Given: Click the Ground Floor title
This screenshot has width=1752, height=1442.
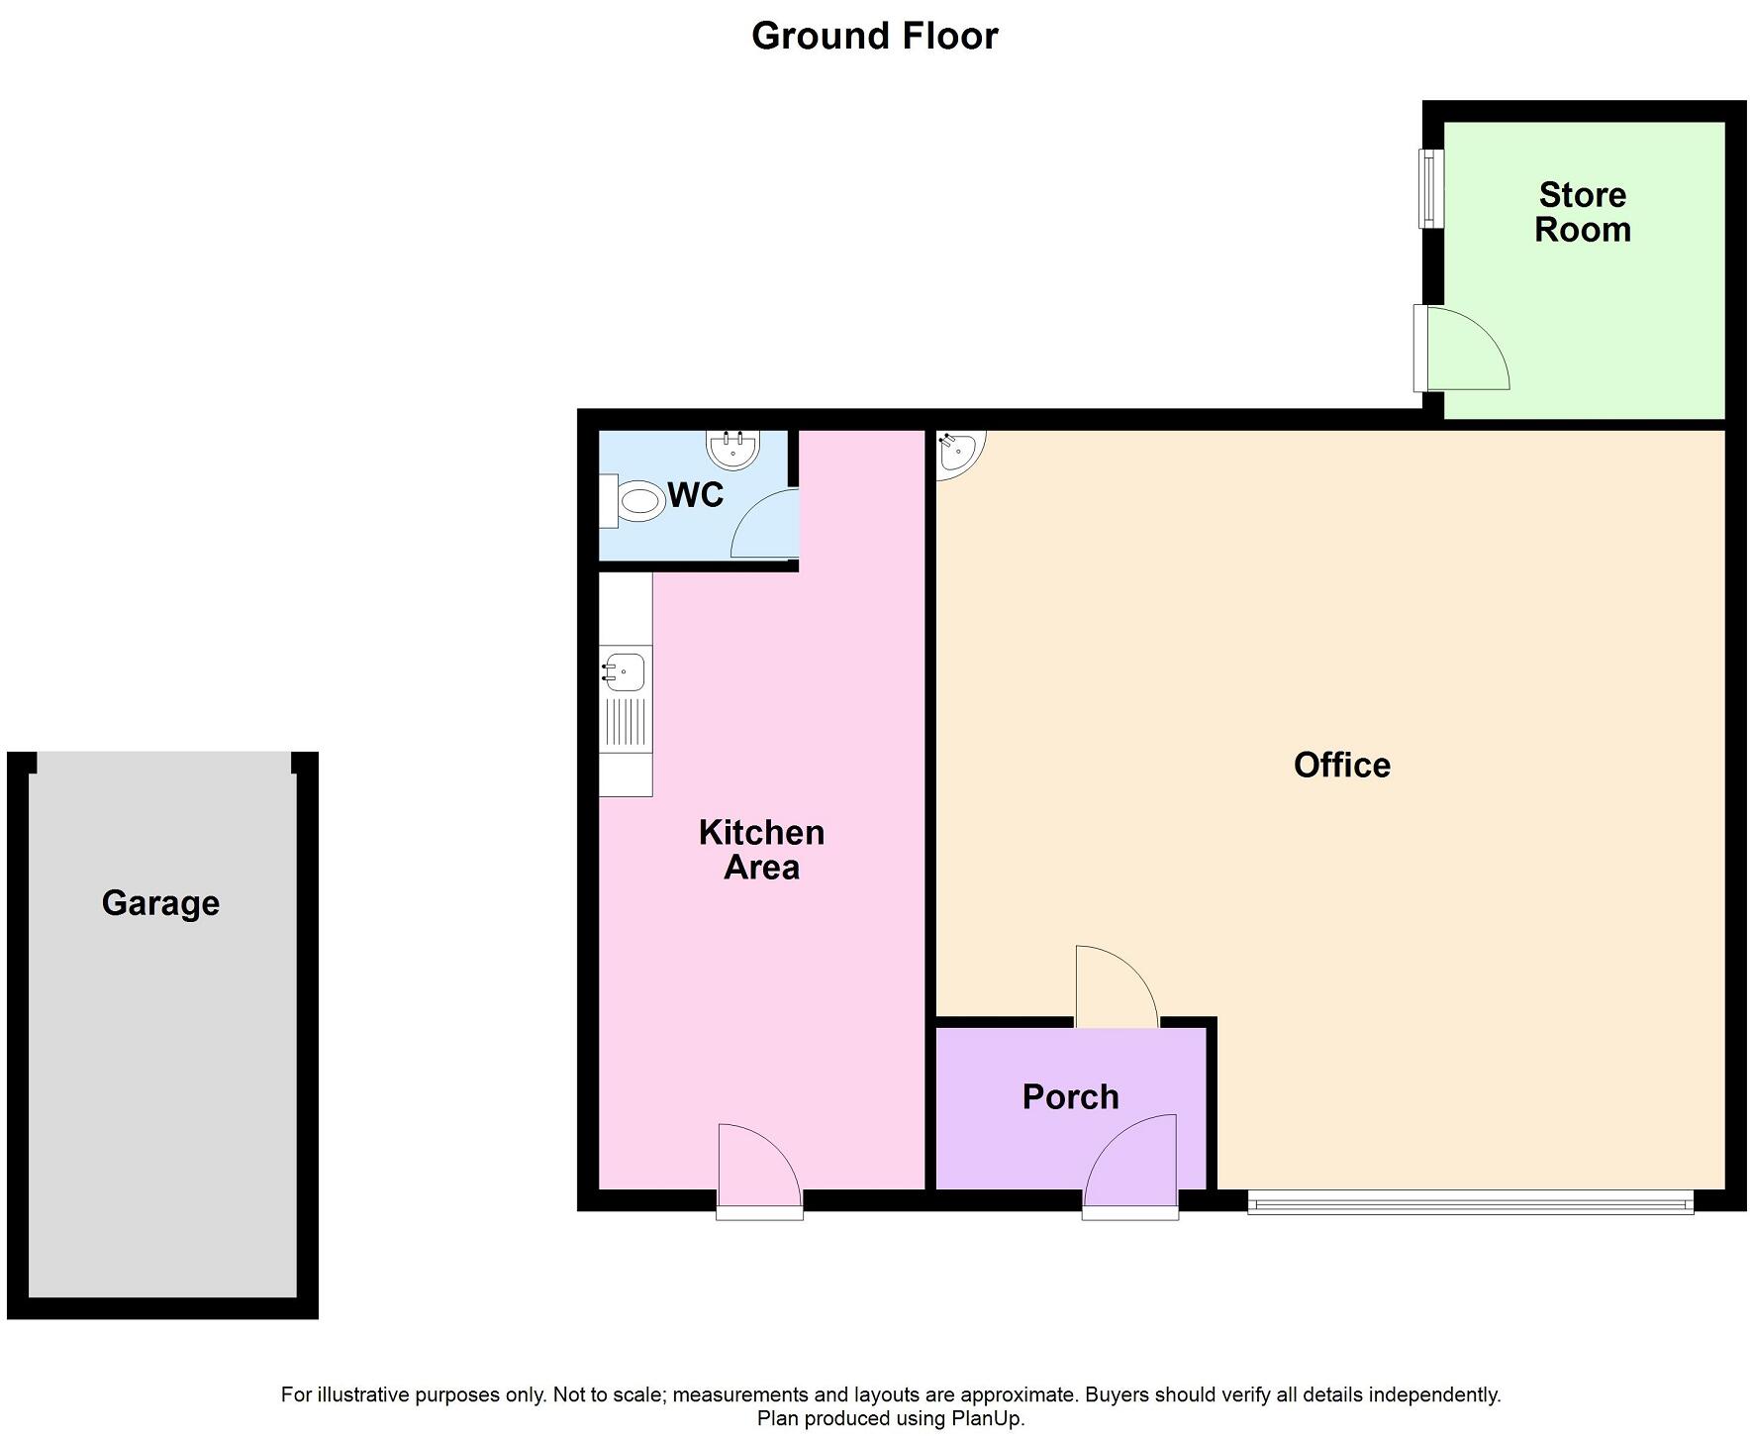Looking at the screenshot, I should [x=874, y=37].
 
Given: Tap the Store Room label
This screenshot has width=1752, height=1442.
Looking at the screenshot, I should [x=1582, y=212].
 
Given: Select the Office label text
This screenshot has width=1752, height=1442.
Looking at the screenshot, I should [x=1341, y=765].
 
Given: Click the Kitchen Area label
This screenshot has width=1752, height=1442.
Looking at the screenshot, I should [x=761, y=850].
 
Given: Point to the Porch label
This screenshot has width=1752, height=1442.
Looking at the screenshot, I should [x=1070, y=1096].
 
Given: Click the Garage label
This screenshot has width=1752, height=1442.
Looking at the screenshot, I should [x=160, y=903].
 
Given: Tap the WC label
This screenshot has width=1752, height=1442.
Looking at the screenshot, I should [x=696, y=494].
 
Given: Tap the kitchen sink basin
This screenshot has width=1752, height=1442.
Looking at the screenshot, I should [x=625, y=671].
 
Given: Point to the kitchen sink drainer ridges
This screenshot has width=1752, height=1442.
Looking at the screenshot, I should [x=626, y=722].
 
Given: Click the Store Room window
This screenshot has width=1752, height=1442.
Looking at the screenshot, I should [x=1430, y=188].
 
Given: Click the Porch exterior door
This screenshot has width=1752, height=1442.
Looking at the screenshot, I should [x=1130, y=1164].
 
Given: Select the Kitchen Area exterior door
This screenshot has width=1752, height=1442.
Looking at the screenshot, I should [x=759, y=1169].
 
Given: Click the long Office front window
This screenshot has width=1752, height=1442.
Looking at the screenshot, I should [x=1470, y=1204].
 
